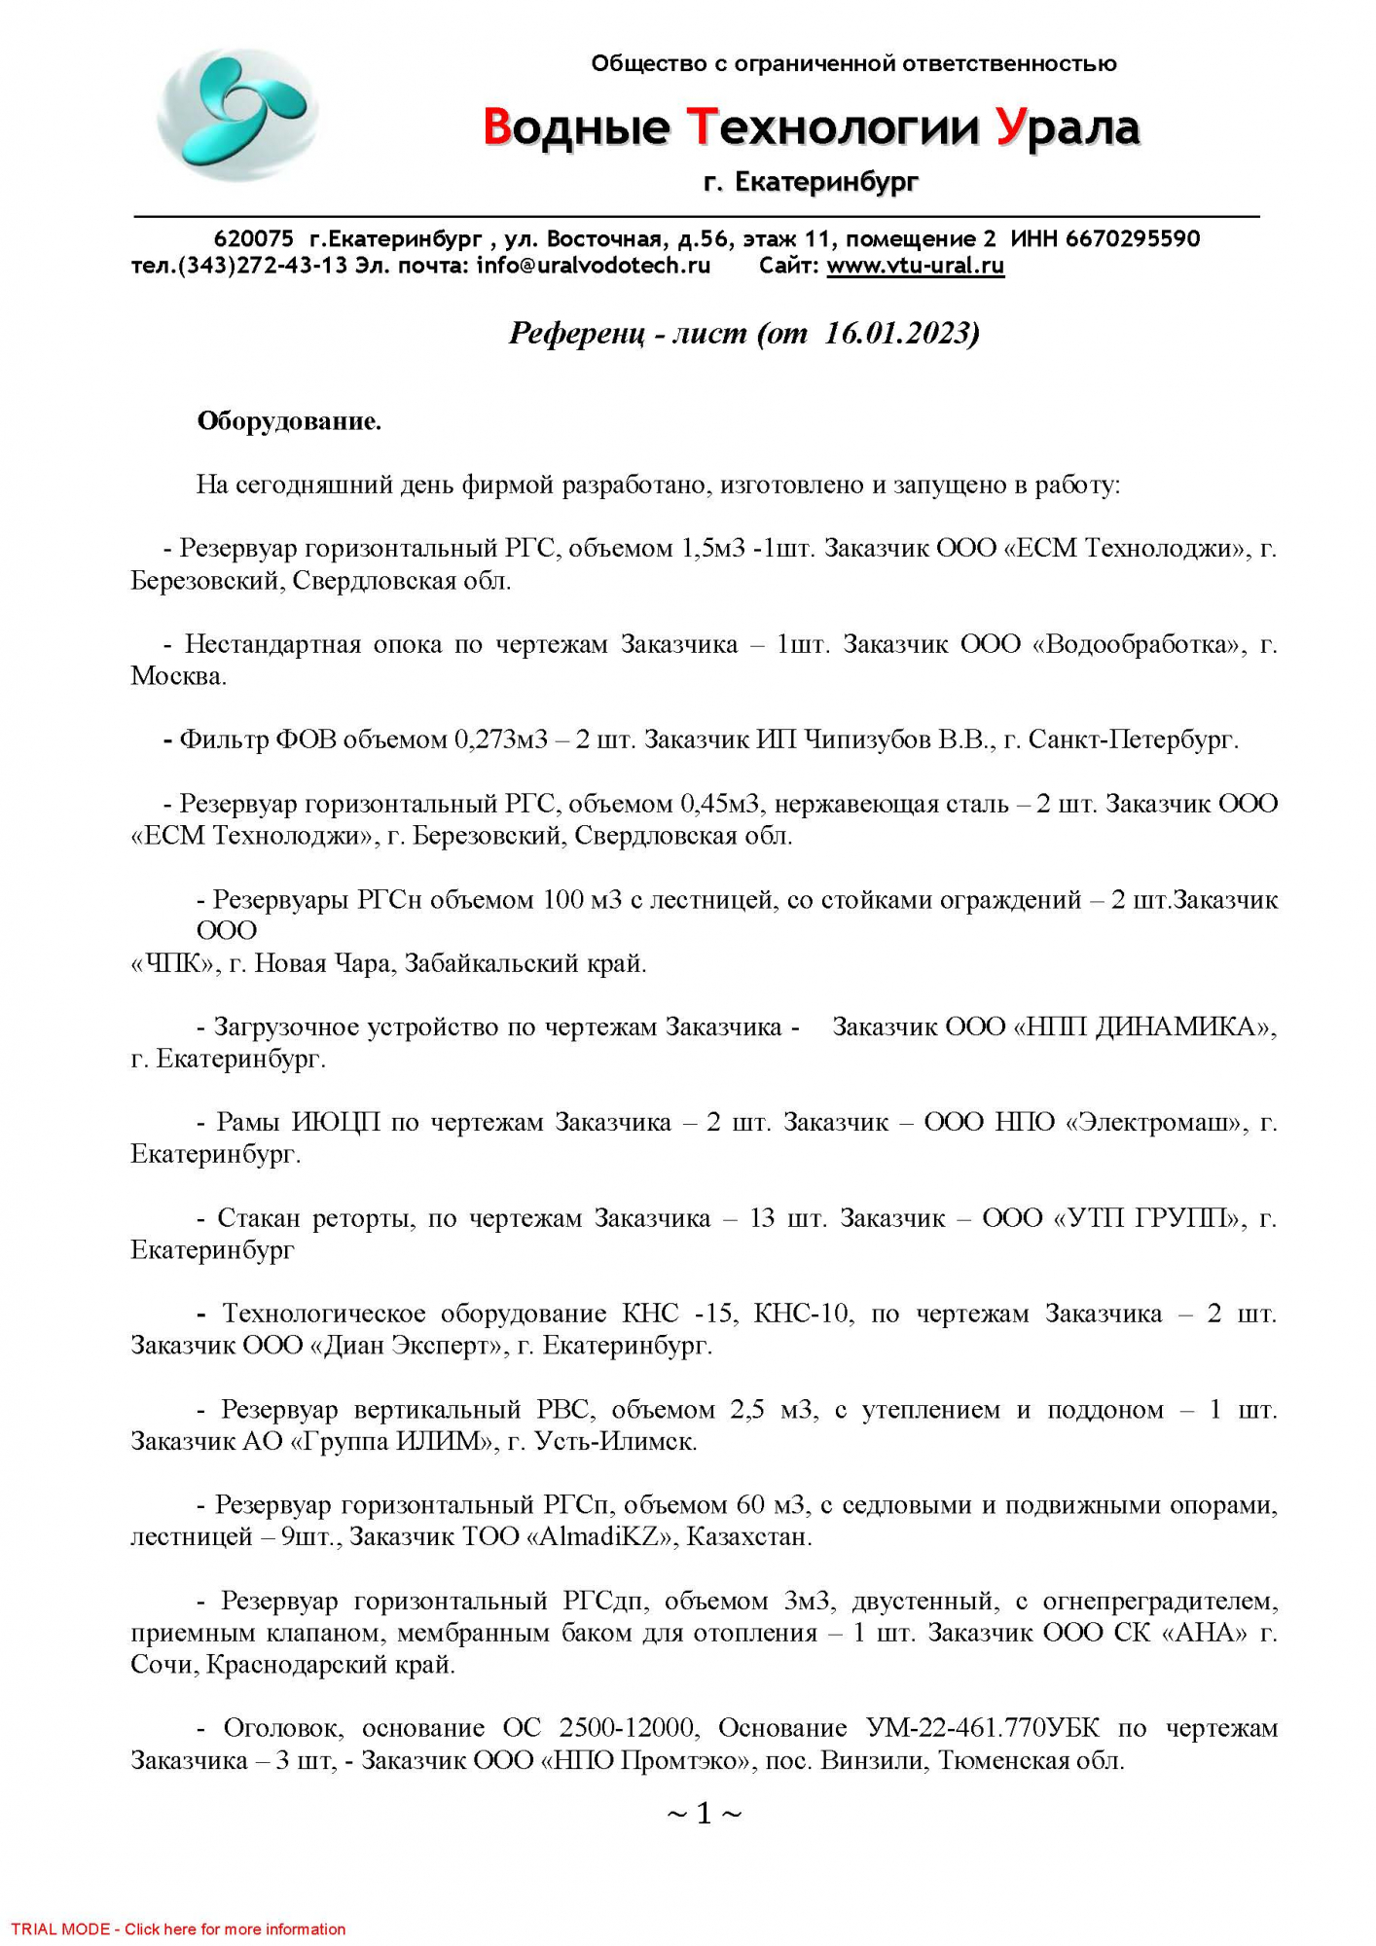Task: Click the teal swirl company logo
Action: (x=236, y=114)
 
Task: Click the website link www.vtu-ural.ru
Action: (x=915, y=266)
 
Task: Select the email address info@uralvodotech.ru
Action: (x=594, y=266)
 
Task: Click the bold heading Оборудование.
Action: (x=289, y=421)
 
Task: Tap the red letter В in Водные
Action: (x=497, y=127)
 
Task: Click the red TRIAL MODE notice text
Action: (x=178, y=1928)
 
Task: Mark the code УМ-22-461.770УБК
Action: (x=983, y=1728)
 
